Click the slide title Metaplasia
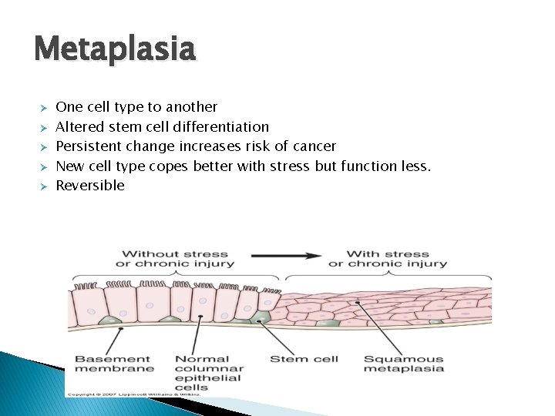click(x=116, y=50)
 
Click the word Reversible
click(x=90, y=186)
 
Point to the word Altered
click(x=75, y=126)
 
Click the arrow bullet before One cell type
click(x=44, y=107)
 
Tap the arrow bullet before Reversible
click(x=44, y=186)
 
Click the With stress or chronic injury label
click(x=388, y=258)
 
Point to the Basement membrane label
click(x=113, y=363)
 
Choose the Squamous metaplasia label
click(x=403, y=363)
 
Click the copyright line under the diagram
click(x=133, y=393)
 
